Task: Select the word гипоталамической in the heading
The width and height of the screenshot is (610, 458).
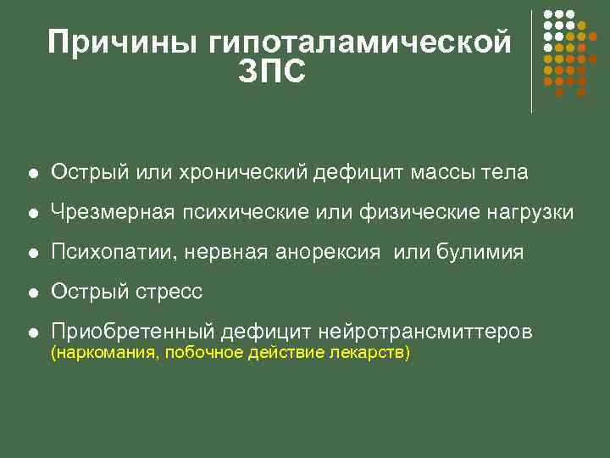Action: point(360,42)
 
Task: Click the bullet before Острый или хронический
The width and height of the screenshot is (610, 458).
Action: point(31,174)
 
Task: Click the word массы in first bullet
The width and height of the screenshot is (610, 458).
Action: point(445,173)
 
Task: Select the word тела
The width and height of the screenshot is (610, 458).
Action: point(506,173)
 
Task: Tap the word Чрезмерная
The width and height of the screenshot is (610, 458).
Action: point(112,213)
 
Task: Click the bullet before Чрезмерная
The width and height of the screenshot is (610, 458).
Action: point(31,214)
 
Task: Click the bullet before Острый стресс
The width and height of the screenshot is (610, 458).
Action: point(31,293)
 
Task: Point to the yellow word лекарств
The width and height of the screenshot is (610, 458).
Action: point(375,353)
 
